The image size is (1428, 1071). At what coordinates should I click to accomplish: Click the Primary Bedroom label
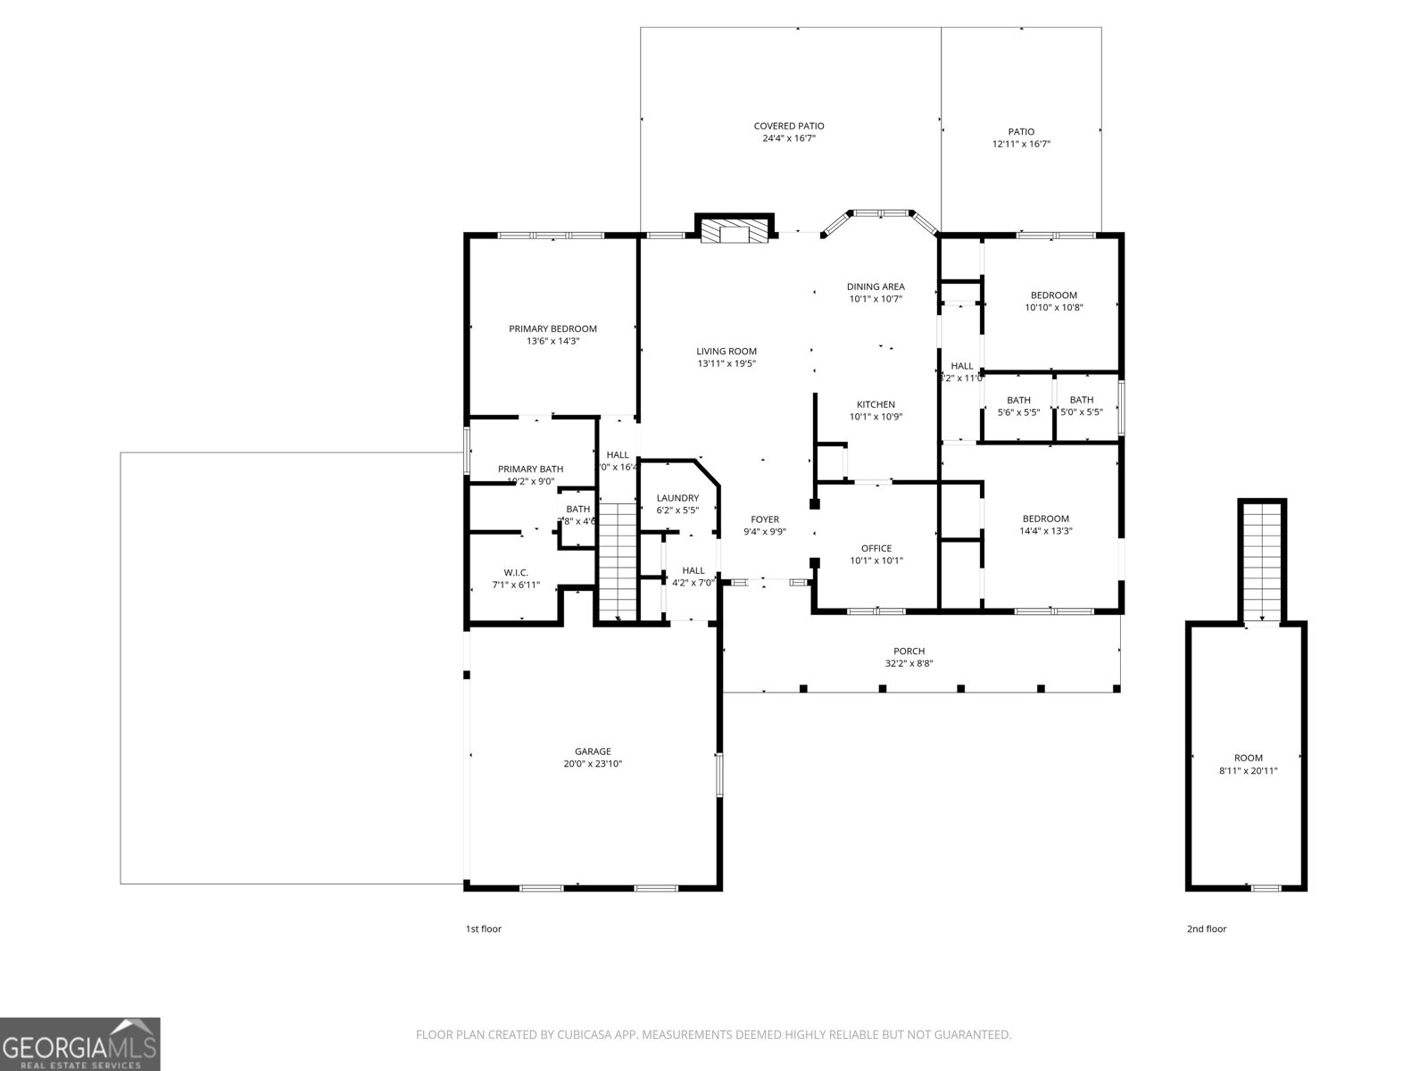(552, 328)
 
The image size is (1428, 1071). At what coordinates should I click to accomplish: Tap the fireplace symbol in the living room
(734, 233)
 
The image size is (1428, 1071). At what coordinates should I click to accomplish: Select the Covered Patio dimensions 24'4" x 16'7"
(789, 139)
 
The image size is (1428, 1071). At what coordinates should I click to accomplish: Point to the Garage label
(593, 751)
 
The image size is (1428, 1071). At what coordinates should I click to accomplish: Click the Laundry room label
(677, 498)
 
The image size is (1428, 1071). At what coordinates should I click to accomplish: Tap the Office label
(876, 548)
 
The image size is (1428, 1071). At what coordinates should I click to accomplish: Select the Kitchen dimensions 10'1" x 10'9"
(876, 417)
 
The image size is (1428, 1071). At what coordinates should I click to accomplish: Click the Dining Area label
(876, 286)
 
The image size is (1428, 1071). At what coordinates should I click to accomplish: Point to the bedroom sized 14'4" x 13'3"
(1045, 525)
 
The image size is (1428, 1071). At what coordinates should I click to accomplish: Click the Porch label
(909, 652)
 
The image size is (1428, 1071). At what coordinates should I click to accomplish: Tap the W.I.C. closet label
(516, 572)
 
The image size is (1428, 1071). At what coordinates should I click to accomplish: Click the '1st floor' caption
(484, 929)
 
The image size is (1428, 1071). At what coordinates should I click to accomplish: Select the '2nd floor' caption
(1206, 929)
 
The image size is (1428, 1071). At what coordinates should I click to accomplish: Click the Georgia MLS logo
(80, 1043)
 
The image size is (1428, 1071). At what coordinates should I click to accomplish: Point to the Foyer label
(764, 519)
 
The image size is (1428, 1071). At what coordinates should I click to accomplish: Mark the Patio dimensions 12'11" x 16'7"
(1021, 144)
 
